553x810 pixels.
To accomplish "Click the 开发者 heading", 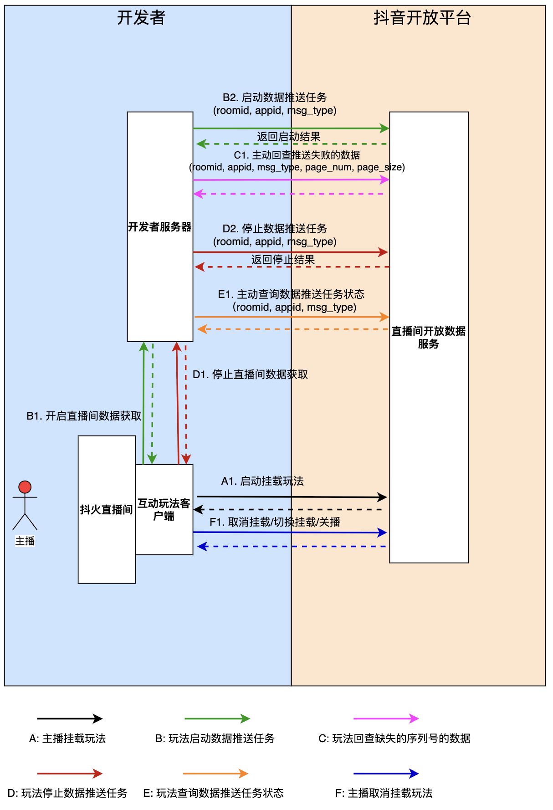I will click(x=141, y=18).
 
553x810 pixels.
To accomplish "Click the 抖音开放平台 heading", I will click(x=422, y=18).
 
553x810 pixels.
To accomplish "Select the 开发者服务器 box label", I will click(x=159, y=227).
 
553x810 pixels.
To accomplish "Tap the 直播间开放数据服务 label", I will click(x=428, y=338).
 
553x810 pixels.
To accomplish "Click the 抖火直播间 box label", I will click(x=106, y=509).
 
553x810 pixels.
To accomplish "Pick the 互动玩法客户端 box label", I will click(x=164, y=509).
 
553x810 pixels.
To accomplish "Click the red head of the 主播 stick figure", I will click(x=25, y=487).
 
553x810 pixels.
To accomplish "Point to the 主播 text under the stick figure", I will click(x=25, y=541).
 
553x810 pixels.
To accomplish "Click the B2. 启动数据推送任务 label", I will click(x=275, y=97).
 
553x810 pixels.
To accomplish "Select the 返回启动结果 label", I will click(x=288, y=137).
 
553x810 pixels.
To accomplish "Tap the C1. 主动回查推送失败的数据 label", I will click(x=297, y=155).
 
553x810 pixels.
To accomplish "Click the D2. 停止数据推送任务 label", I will click(x=275, y=229).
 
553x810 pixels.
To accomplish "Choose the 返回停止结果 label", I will click(x=283, y=260).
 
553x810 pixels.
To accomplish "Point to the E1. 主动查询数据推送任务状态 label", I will click(x=291, y=294).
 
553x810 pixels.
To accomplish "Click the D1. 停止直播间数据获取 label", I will click(x=250, y=374).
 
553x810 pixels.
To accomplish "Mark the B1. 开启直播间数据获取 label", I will click(x=84, y=416).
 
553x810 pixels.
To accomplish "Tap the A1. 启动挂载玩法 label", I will click(x=262, y=481).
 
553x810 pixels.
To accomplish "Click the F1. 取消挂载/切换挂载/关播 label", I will click(x=275, y=522).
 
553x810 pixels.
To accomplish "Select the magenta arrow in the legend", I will click(x=386, y=718).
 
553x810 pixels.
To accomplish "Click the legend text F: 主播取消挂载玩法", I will click(x=384, y=793).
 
